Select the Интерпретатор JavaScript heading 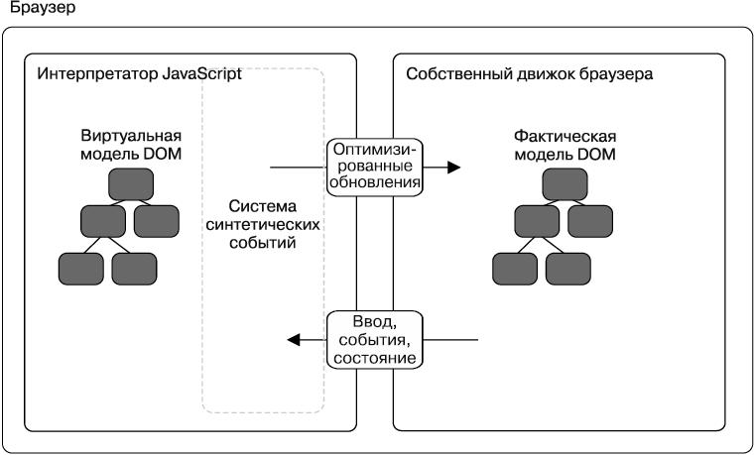click(x=139, y=74)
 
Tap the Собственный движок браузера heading click(x=529, y=74)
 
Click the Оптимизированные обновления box click(x=376, y=167)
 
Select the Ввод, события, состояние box click(x=376, y=339)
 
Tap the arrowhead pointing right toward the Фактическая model click(x=454, y=167)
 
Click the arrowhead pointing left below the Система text click(x=294, y=340)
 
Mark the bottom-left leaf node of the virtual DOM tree click(x=81, y=267)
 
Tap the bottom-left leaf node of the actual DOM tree click(x=515, y=267)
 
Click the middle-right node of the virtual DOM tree click(x=157, y=220)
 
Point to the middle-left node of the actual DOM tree click(x=538, y=220)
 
